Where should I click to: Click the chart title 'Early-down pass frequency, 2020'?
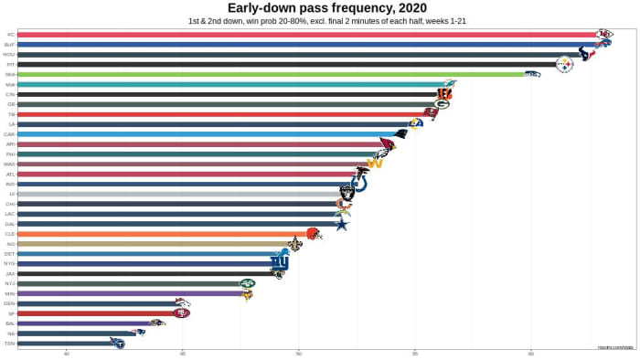(320, 8)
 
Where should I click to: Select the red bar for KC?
(302, 34)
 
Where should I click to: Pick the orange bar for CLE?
(165, 234)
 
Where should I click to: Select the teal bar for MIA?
(229, 84)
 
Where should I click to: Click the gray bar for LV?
(178, 194)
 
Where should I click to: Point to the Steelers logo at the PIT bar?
(564, 65)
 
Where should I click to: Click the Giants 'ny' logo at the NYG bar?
(279, 263)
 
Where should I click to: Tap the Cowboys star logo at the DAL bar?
(341, 224)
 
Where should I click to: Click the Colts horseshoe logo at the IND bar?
(359, 184)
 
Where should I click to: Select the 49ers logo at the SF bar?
(182, 313)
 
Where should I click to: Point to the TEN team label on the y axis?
(9, 344)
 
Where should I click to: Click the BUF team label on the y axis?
(9, 44)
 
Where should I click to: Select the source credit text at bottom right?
(615, 347)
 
